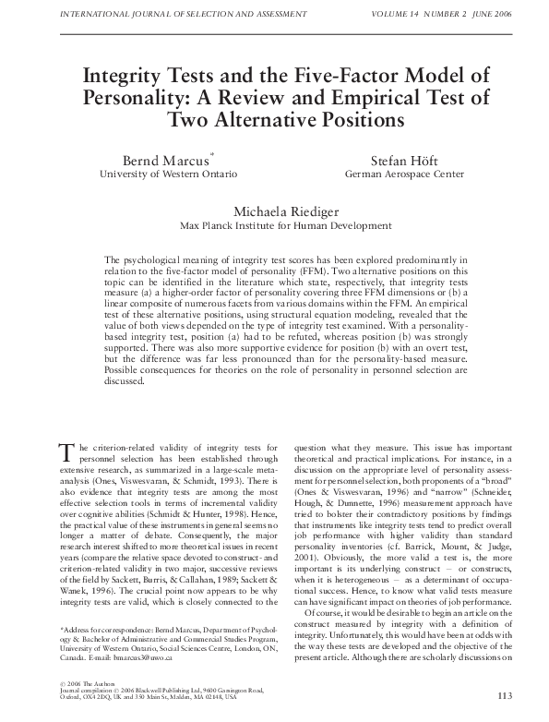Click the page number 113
click(x=503, y=695)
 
